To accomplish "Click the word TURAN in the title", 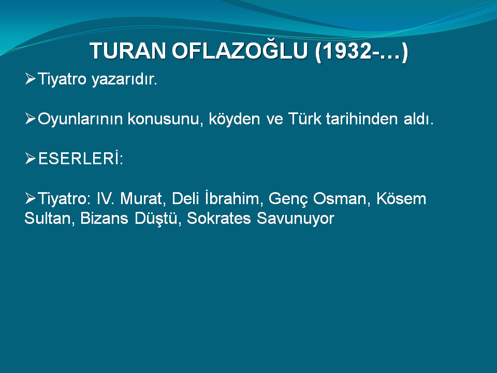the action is pyautogui.click(x=128, y=51).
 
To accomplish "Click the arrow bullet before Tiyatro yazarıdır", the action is pyautogui.click(x=30, y=78).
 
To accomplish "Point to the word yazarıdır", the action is pyautogui.click(x=125, y=79).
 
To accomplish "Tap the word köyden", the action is pyautogui.click(x=234, y=119).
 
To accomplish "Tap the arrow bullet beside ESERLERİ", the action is pyautogui.click(x=30, y=159).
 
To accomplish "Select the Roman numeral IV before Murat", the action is pyautogui.click(x=105, y=198).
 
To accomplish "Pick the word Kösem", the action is pyautogui.click(x=401, y=198).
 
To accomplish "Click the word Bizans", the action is pyautogui.click(x=104, y=218).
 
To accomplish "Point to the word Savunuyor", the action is pyautogui.click(x=296, y=219).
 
